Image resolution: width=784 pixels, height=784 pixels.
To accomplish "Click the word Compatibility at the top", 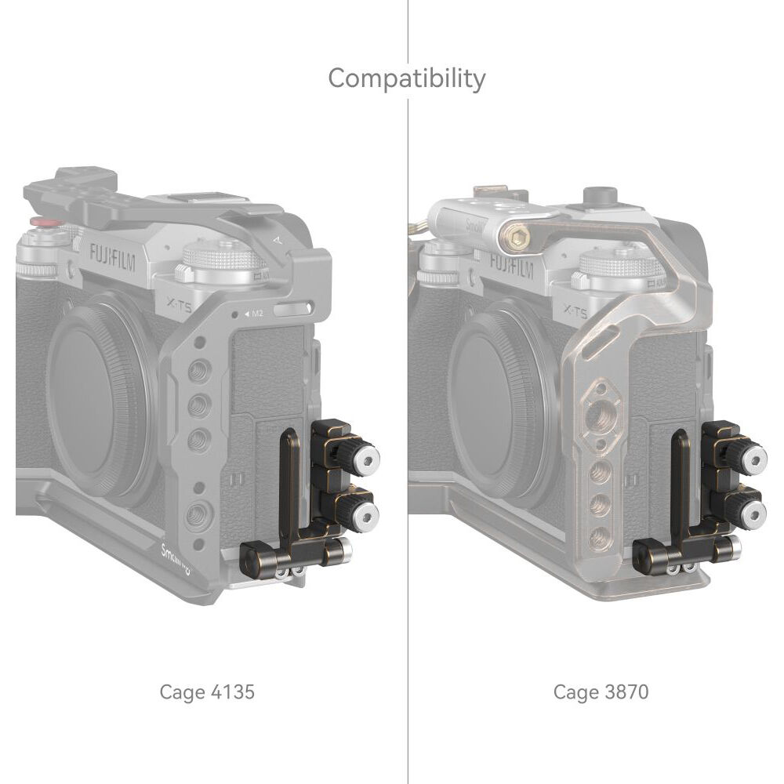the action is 406,79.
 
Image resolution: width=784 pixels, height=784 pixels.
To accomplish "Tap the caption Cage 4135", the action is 207,692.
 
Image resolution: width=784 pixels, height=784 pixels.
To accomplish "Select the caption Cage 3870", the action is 601,692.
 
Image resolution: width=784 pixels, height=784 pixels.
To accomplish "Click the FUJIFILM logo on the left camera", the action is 112,256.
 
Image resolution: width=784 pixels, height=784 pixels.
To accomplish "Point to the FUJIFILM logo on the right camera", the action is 511,266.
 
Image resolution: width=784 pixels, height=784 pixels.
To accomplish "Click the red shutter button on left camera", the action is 43,221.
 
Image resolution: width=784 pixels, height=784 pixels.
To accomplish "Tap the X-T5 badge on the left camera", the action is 179,304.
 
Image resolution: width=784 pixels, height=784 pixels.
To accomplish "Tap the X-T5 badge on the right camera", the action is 575,310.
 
